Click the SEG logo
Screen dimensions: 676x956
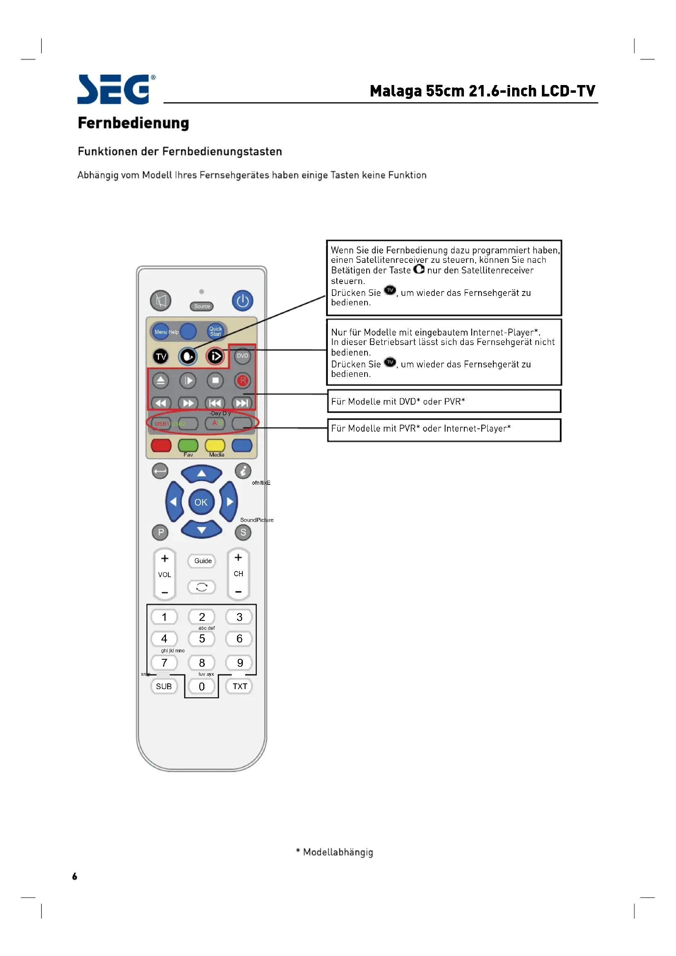[116, 89]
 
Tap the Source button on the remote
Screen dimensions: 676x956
[202, 307]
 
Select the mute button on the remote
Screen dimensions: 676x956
[161, 301]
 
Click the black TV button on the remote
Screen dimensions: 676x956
[161, 356]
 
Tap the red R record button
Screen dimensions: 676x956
[243, 381]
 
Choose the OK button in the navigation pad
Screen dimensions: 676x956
[201, 502]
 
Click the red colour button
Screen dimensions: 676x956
[161, 446]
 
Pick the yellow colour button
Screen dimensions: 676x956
[215, 446]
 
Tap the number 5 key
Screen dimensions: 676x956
[202, 639]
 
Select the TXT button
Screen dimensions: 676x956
[240, 686]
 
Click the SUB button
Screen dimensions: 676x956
[164, 686]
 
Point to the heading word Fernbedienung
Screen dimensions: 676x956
[133, 123]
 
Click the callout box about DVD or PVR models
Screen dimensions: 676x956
[444, 401]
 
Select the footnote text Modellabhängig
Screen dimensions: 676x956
[338, 852]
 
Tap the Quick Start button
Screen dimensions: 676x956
[215, 331]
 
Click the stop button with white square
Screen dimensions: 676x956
[215, 381]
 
